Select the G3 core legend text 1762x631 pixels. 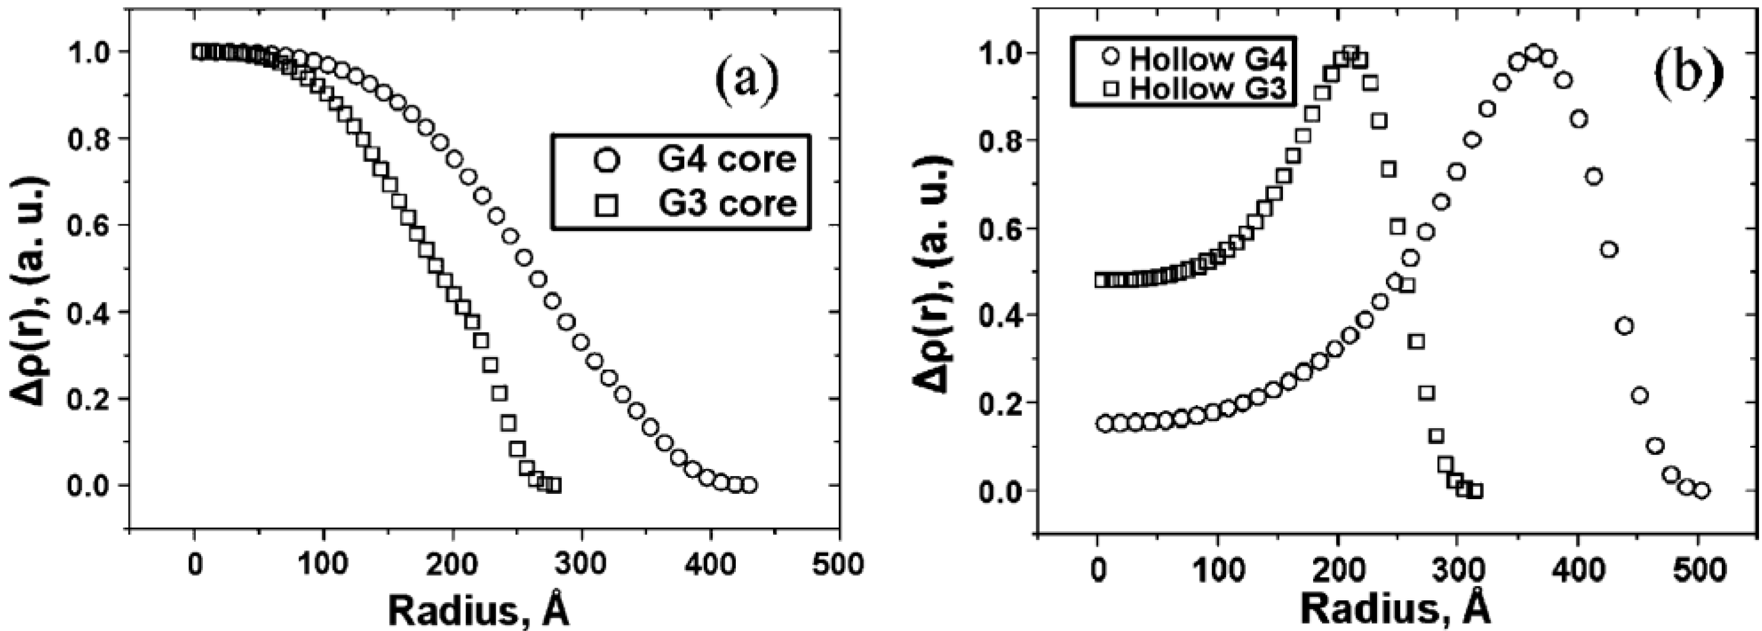[728, 203]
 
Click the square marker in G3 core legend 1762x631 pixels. [607, 205]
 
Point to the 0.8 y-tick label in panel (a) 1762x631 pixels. [86, 138]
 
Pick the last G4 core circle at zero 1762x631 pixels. [749, 486]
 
